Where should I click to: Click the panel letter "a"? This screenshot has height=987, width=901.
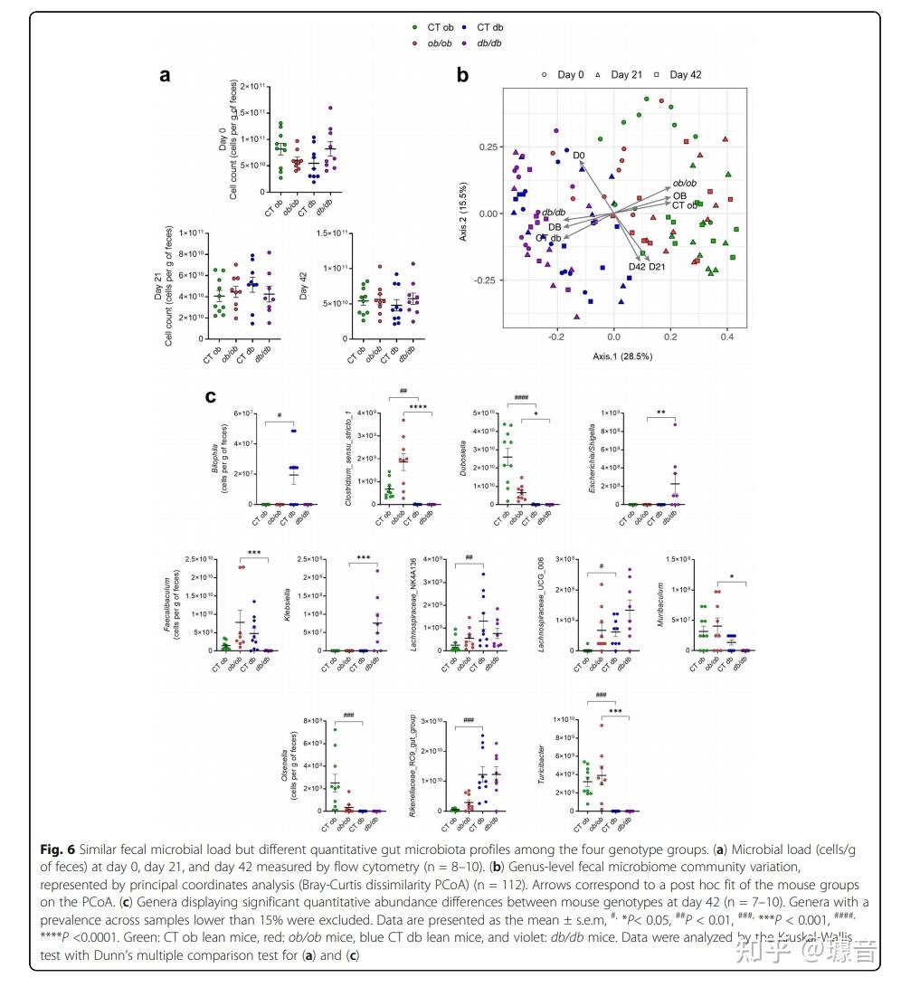click(165, 76)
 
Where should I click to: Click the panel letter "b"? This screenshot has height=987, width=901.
click(462, 76)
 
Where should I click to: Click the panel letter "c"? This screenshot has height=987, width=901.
click(210, 396)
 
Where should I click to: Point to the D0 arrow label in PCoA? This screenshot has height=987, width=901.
click(579, 156)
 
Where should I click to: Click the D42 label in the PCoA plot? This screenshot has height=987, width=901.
click(637, 267)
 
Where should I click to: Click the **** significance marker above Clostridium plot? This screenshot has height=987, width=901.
click(418, 407)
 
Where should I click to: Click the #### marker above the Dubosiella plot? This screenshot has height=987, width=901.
click(521, 397)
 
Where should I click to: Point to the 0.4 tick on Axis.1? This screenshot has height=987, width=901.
click(726, 337)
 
